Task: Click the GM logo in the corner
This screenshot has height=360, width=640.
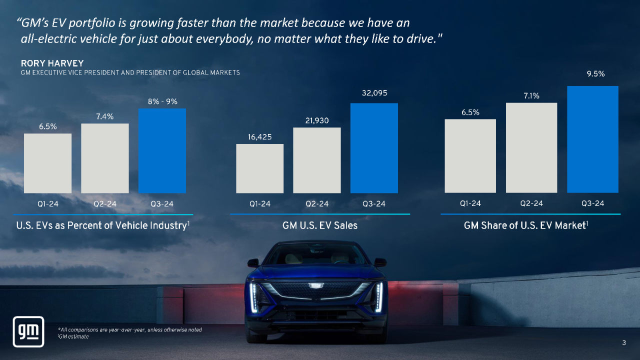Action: point(28,331)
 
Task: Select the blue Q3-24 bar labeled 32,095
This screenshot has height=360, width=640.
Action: point(374,148)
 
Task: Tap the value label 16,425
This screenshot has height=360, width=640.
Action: point(260,137)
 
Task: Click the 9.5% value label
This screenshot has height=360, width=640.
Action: point(595,73)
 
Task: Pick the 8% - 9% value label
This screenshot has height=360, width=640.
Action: point(162,101)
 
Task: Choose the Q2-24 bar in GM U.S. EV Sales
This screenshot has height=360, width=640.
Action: point(317,160)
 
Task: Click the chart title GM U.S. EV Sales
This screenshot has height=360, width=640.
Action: point(320,225)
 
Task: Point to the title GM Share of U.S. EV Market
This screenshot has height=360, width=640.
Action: point(525,225)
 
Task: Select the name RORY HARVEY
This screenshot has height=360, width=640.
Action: point(52,63)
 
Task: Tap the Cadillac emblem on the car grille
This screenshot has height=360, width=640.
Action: point(315,285)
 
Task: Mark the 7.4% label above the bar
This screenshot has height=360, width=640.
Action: point(105,116)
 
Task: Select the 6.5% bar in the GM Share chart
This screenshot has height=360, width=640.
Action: point(470,155)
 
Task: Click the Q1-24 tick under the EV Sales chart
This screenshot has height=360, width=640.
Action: point(260,204)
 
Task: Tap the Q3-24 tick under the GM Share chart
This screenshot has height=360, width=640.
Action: point(592,203)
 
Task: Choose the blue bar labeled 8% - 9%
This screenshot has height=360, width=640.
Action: point(162,150)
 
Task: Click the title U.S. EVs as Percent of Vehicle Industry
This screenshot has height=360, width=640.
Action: point(103,225)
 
